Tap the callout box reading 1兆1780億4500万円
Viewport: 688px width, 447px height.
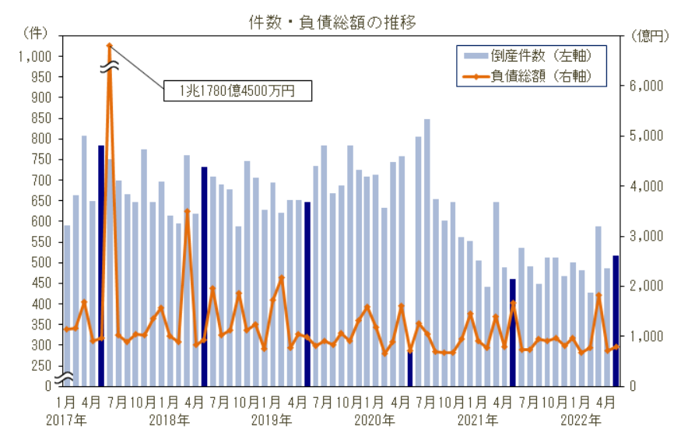237,90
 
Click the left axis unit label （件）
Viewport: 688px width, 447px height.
36,33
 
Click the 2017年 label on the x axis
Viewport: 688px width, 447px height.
66,420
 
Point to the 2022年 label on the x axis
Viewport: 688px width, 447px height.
581,420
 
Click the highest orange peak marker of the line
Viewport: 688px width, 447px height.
110,46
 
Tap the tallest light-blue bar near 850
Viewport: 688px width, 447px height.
426,252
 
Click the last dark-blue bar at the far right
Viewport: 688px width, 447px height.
616,320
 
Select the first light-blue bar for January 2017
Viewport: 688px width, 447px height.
67,305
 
